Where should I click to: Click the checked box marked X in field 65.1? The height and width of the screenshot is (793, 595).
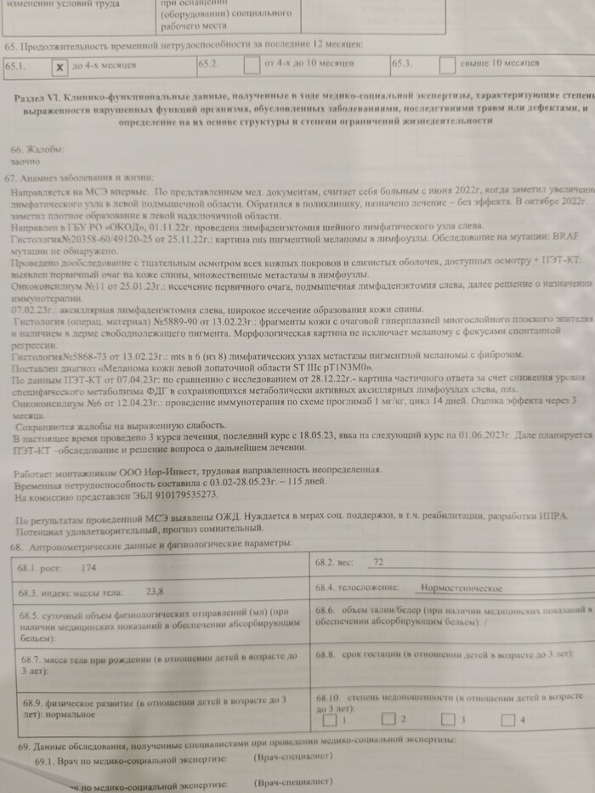pos(59,65)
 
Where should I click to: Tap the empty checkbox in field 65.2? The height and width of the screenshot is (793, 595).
pos(252,65)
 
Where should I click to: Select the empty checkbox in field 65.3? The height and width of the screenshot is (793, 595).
pos(447,65)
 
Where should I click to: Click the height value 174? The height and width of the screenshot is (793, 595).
pos(88,567)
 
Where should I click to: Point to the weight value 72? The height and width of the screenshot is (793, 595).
pos(379,563)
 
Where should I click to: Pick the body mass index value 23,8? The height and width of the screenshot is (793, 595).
pos(155,591)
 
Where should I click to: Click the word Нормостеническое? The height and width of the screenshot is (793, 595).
pos(461,587)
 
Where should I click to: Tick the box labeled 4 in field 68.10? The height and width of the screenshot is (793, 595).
pos(508,721)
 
